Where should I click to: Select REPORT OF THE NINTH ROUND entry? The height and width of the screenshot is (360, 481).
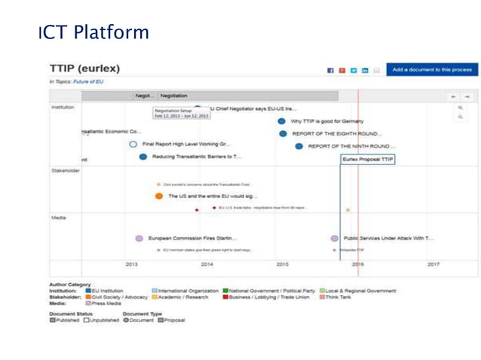(354, 146)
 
